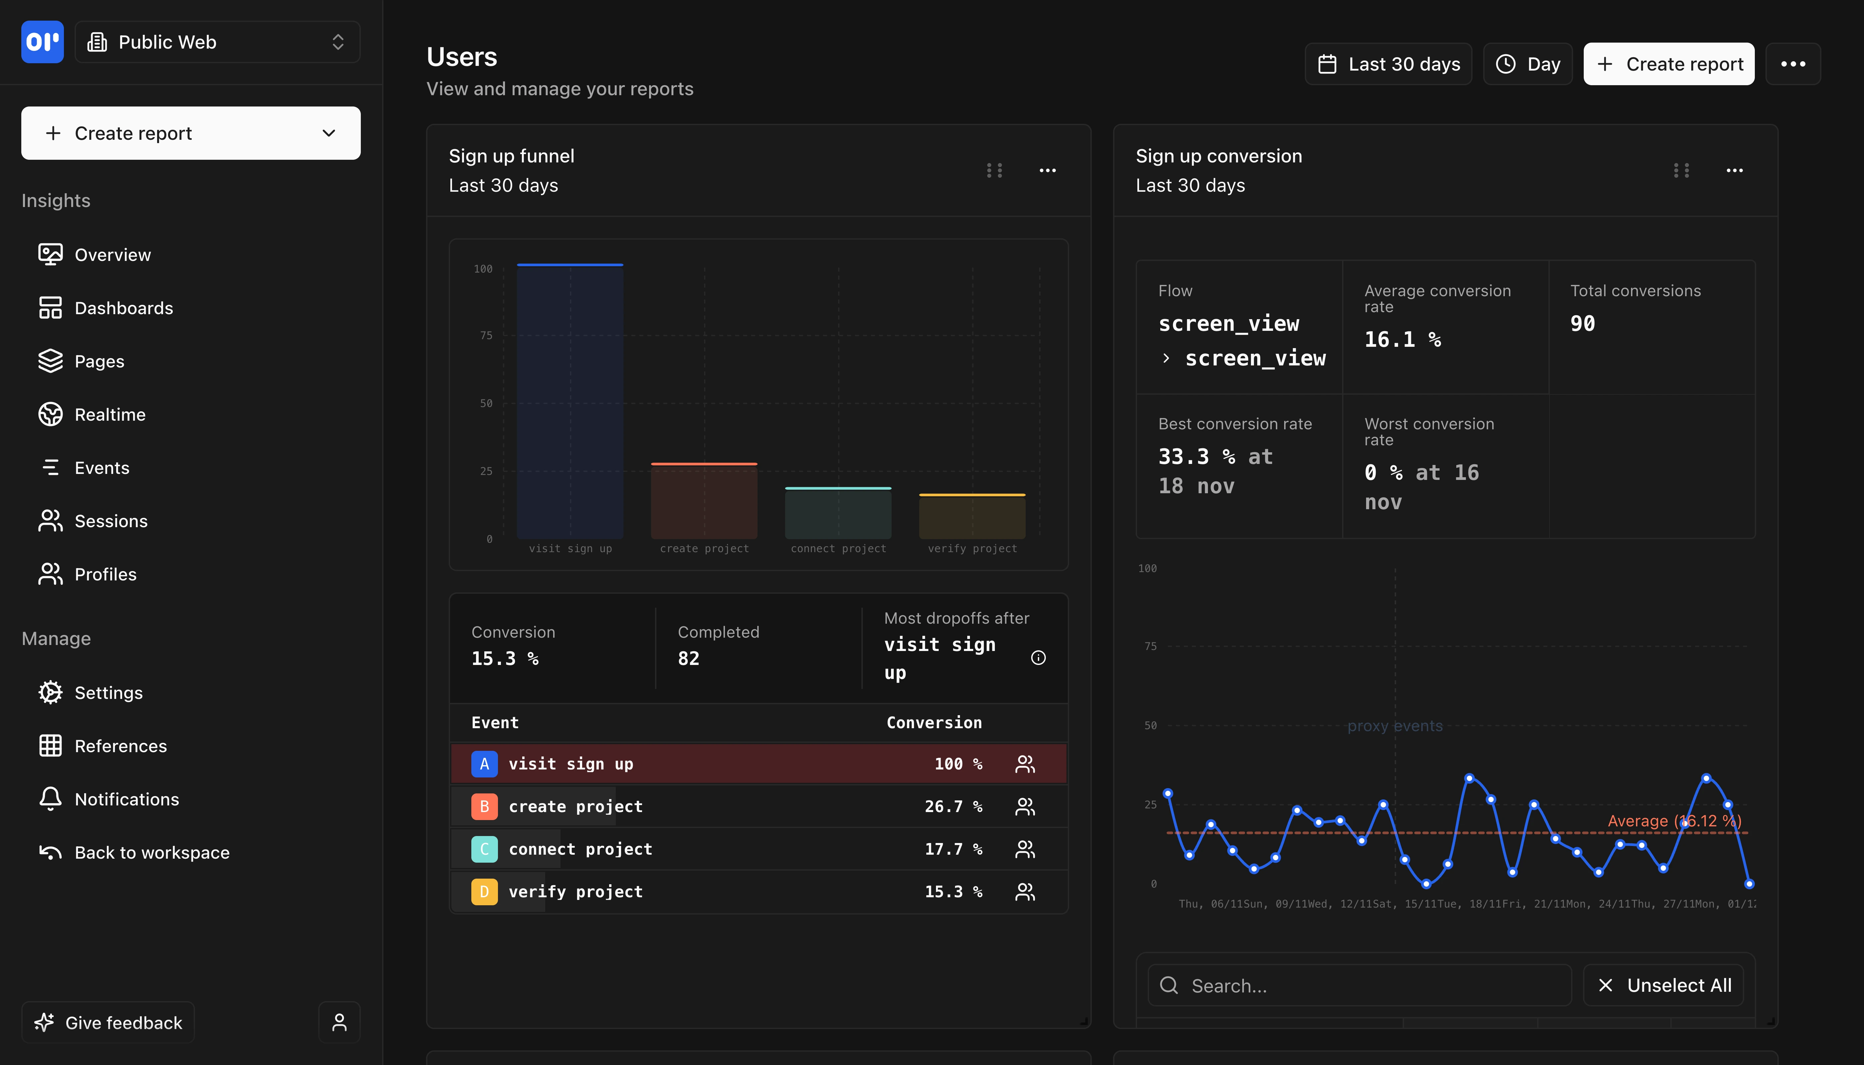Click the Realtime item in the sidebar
pos(110,415)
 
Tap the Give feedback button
pos(108,1023)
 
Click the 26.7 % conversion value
pos(953,806)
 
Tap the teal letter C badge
pos(484,849)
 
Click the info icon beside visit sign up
pos(1038,658)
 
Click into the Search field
pos(1361,985)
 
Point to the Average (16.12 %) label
pos(1674,821)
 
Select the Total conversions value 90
pos(1582,323)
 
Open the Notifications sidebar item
pos(126,799)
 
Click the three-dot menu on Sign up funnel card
pos(1048,170)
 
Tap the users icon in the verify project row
pos(1025,892)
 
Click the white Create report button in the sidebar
pos(190,133)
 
